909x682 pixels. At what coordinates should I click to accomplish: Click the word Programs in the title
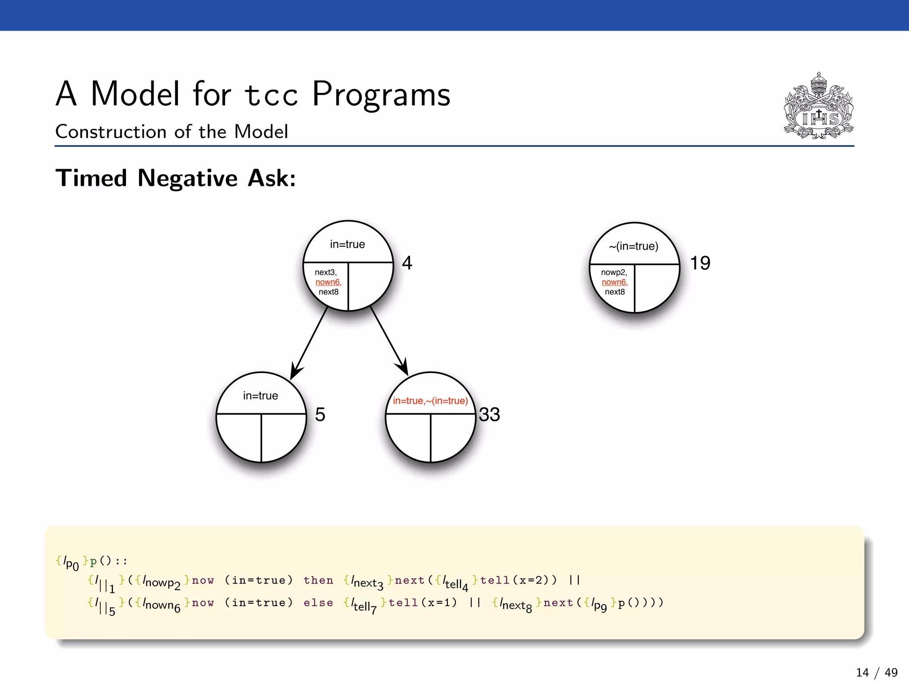pos(381,94)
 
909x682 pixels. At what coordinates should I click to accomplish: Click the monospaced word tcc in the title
pos(271,95)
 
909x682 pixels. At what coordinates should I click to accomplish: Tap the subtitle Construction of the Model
pos(172,131)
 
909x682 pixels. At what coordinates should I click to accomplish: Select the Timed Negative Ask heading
pos(176,178)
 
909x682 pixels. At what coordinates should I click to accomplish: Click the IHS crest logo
pos(818,107)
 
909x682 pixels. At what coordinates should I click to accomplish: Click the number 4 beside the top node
pos(407,263)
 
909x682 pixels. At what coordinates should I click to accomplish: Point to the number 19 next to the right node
pos(700,263)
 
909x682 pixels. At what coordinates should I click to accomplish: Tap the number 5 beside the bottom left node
pos(320,414)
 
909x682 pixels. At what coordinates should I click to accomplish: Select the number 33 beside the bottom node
pos(489,414)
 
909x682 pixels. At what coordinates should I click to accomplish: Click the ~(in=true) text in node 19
pos(634,246)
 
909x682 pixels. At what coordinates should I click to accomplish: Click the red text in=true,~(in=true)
pos(430,400)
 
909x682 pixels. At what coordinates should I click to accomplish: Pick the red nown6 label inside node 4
pos(328,282)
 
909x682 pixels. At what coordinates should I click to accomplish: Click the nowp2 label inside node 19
pos(614,272)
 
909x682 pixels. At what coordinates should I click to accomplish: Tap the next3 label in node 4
pos(326,272)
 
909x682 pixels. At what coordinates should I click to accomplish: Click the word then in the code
pos(318,580)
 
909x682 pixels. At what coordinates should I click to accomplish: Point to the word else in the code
pos(318,603)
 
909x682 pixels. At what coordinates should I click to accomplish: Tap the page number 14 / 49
pos(877,672)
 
